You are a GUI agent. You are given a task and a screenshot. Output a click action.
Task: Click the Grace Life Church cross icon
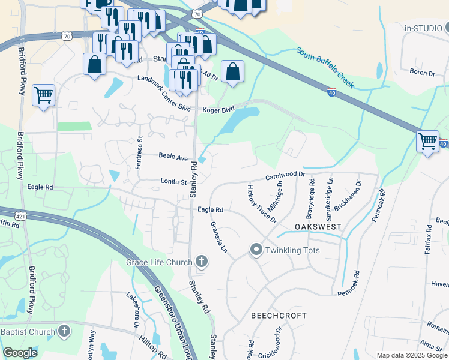[202, 262]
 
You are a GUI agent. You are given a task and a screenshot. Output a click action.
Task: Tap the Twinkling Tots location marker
[256, 250]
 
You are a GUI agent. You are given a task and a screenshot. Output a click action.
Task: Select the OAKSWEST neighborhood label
[318, 227]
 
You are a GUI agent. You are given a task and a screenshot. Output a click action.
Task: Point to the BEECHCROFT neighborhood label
[279, 315]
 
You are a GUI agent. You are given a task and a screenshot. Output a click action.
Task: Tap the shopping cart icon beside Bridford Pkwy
[43, 95]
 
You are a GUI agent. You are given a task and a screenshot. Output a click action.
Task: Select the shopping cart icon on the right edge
[427, 142]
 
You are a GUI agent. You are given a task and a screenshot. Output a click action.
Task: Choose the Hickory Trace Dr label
[261, 203]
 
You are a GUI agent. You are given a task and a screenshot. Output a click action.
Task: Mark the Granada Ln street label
[218, 236]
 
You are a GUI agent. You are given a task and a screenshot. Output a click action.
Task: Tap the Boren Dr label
[421, 73]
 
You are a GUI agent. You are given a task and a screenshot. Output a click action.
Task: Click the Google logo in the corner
[20, 353]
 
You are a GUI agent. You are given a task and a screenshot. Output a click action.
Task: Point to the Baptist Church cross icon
[64, 331]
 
